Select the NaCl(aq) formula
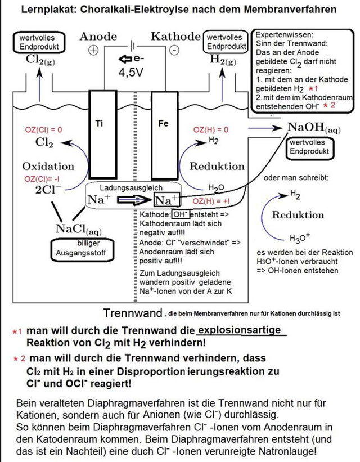(x=79, y=229)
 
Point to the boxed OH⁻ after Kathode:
(x=180, y=214)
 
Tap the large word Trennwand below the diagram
(x=133, y=312)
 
